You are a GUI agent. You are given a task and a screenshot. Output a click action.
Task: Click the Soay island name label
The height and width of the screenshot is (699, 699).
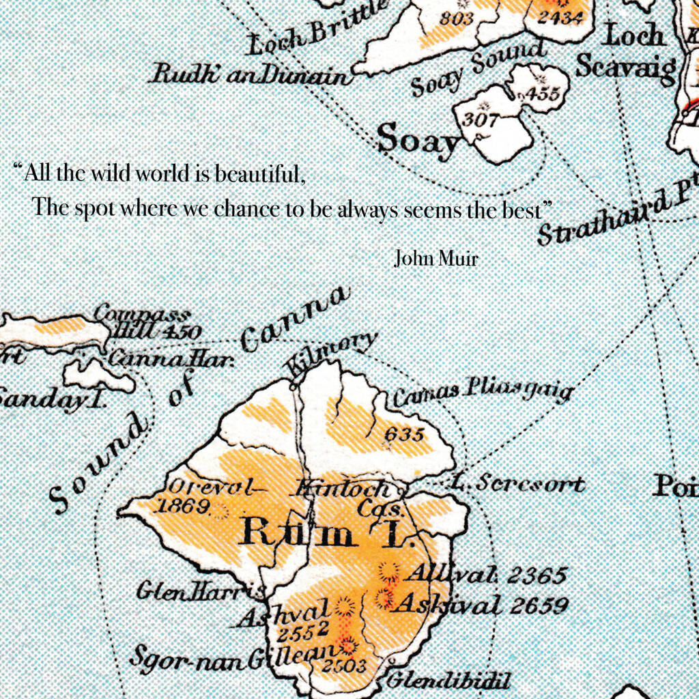coord(418,140)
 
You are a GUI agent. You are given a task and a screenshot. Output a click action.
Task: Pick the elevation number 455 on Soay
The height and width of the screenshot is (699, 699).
coord(543,94)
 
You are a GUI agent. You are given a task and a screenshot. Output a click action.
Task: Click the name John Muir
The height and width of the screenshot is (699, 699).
coord(436,259)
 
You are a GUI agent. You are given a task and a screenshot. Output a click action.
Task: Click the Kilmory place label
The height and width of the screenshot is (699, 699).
coord(332,357)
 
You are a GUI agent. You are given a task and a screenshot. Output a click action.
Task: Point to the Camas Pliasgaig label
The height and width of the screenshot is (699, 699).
coord(482,393)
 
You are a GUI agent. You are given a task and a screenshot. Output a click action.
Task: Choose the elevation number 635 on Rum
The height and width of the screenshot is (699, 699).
coord(404,434)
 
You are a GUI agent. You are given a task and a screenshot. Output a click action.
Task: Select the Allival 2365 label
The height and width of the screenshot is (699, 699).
coord(486,575)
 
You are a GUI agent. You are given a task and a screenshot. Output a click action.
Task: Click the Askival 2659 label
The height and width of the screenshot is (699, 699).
coord(482,604)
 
